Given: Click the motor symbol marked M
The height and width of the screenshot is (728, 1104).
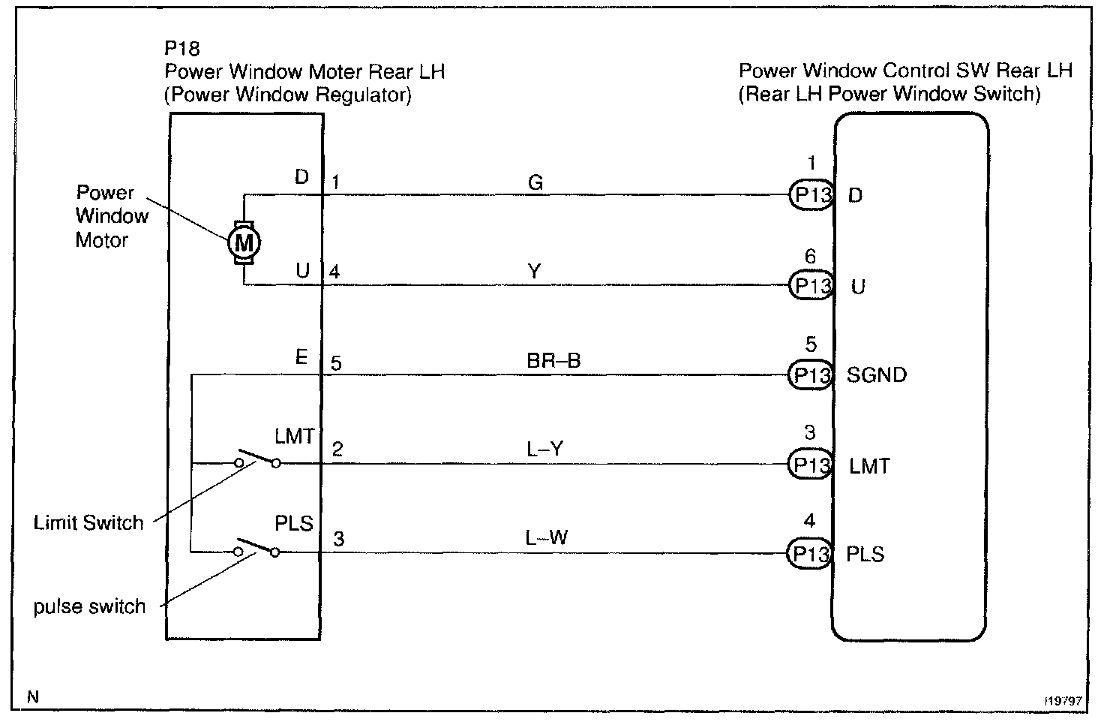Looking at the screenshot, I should (x=244, y=242).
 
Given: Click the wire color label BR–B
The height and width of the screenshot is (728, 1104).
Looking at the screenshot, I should (x=553, y=361).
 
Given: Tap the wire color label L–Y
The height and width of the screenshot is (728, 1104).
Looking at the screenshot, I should (x=545, y=449).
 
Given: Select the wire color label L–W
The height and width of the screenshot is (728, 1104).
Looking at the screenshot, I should (x=547, y=537).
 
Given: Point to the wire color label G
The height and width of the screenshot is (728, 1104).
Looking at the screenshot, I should (x=535, y=182).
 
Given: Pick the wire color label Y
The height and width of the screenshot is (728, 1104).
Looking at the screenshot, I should (x=534, y=272).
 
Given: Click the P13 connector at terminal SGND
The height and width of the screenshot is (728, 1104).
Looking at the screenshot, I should (x=810, y=375).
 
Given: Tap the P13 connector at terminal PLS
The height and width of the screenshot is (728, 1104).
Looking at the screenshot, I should (x=810, y=554).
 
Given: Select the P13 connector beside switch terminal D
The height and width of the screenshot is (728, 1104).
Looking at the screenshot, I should (x=811, y=196).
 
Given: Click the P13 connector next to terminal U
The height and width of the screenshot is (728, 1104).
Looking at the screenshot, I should (x=811, y=286).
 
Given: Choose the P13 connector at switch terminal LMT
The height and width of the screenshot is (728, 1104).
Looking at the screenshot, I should (x=810, y=465).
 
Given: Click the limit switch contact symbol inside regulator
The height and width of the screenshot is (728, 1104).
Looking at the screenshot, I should (x=257, y=459).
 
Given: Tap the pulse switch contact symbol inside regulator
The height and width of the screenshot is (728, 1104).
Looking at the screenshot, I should (x=257, y=548).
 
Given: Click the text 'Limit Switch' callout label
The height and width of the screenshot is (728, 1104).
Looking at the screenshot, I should (x=88, y=522).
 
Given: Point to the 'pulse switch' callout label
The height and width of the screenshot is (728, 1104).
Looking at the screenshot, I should (x=89, y=606).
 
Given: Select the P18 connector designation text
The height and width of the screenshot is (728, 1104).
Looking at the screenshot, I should (x=182, y=49).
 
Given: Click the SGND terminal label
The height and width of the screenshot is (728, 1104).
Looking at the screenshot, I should (x=876, y=375).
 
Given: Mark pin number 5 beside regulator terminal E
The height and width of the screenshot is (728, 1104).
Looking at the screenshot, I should (x=336, y=364).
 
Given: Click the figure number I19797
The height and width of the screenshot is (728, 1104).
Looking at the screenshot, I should (x=1063, y=700).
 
